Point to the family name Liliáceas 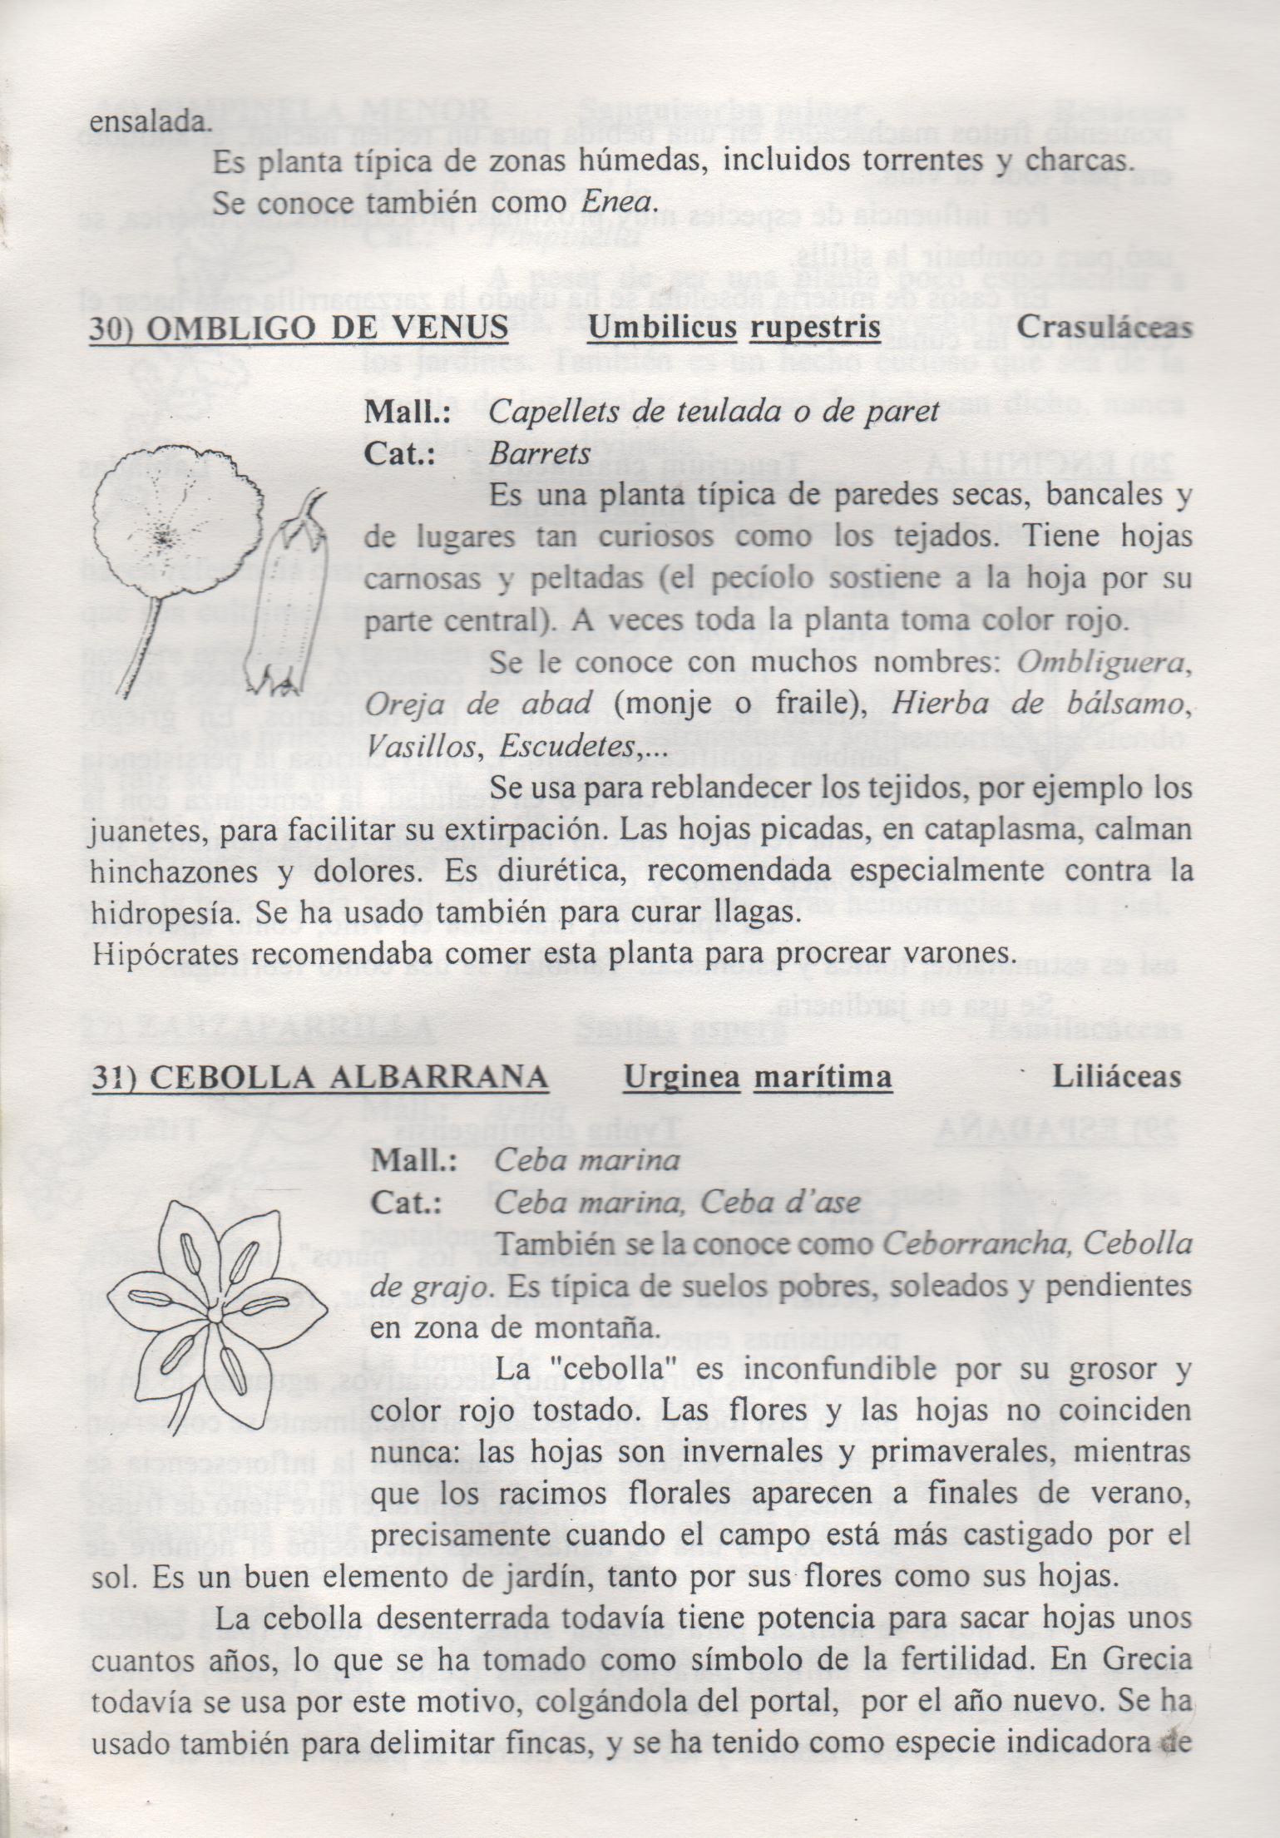pyautogui.click(x=1116, y=1077)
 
